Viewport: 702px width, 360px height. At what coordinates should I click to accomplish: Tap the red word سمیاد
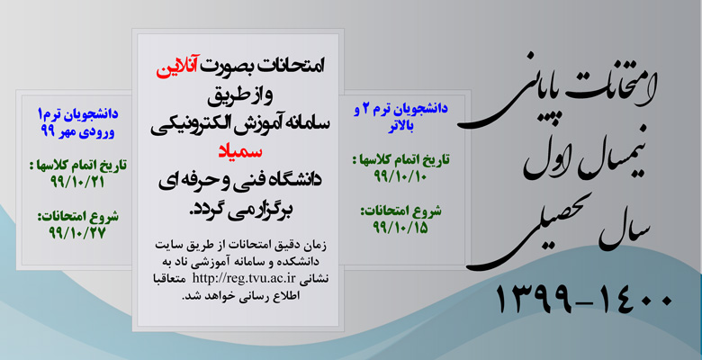240,151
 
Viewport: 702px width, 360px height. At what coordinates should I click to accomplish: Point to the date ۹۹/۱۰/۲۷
77,233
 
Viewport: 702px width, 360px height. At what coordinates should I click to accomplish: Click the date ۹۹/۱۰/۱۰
400,176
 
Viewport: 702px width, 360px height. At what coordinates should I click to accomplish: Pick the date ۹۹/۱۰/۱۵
400,228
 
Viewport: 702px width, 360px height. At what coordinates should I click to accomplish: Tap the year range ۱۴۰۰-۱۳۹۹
584,299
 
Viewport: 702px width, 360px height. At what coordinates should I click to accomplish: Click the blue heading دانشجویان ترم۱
77,114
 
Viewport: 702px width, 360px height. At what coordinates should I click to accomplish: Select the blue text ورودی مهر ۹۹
77,132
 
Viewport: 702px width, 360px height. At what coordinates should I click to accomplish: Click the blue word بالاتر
400,126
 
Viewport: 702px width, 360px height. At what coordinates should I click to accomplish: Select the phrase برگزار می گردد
240,208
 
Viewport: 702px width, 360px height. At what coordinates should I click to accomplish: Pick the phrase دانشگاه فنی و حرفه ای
240,180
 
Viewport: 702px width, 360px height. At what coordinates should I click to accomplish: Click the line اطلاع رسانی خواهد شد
240,296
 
